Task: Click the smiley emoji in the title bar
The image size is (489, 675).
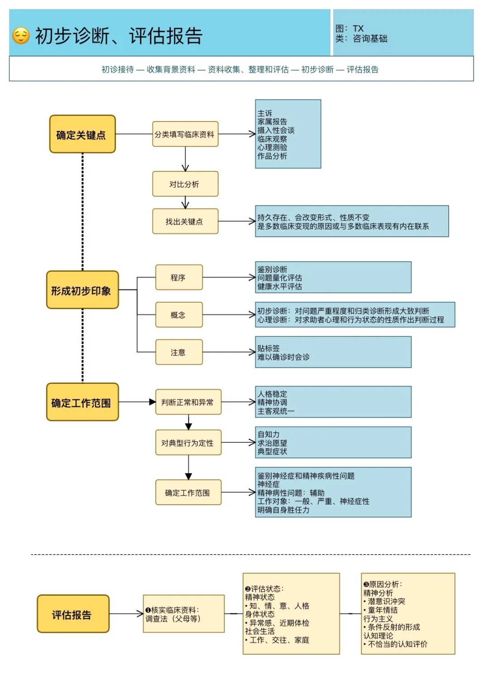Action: [x=21, y=36]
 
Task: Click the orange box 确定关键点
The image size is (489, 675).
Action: [x=82, y=134]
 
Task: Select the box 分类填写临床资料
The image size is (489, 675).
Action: [x=185, y=134]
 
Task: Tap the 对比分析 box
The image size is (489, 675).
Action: [x=185, y=184]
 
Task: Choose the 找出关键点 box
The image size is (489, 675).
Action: [x=185, y=221]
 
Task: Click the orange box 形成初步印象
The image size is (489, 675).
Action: [x=82, y=290]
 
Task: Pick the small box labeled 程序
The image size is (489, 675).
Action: [x=179, y=278]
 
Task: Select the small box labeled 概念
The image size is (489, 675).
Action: [x=179, y=315]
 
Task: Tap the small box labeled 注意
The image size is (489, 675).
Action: [x=179, y=352]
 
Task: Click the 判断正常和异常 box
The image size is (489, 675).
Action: [x=188, y=402]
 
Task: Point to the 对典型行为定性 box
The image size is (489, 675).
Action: [x=188, y=443]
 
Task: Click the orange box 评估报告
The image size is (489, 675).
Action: [x=73, y=614]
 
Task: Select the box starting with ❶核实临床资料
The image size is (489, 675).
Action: [x=184, y=614]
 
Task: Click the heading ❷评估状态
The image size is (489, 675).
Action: [x=264, y=589]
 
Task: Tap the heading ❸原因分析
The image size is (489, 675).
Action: [x=383, y=584]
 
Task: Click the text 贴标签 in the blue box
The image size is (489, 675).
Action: [x=268, y=348]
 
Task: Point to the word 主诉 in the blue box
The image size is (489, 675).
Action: [x=265, y=113]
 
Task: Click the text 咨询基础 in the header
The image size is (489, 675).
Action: [x=370, y=39]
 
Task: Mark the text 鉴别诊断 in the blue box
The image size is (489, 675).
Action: [x=272, y=269]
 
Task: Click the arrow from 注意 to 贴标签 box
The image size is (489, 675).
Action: [x=229, y=352]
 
